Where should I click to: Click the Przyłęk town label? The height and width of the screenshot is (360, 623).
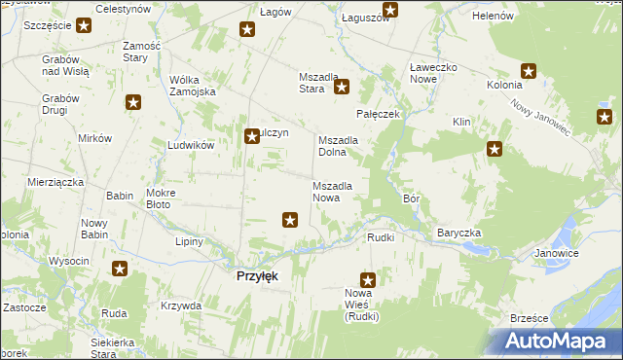258,276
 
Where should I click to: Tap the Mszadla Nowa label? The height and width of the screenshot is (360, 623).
339,192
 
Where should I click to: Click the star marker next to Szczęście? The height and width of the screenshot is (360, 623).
84,25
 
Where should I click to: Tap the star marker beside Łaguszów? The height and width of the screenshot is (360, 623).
389,11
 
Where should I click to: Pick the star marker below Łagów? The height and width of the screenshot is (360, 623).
247,30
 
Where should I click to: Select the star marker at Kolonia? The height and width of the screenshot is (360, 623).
529,70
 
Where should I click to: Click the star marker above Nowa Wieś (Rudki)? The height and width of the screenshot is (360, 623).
368,279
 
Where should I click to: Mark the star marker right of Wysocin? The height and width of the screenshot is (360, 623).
120,270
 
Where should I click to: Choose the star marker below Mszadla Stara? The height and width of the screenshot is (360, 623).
342,88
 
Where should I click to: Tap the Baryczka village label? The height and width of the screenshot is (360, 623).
458,234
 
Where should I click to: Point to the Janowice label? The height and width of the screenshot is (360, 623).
557,253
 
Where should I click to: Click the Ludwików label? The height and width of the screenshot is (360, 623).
190,145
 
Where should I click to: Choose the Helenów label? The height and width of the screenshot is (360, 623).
493,17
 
